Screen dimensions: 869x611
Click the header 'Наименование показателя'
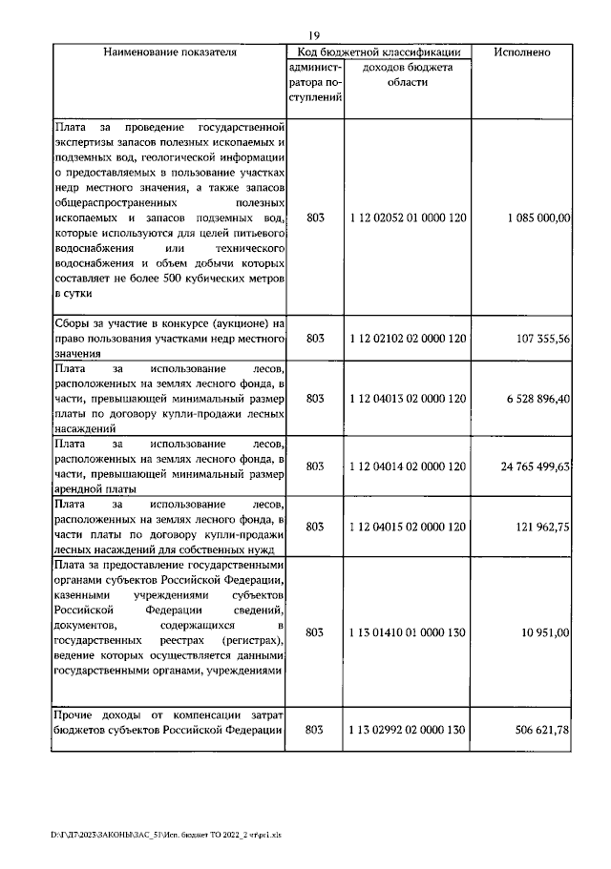(x=169, y=52)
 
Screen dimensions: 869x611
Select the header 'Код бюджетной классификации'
(x=380, y=52)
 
